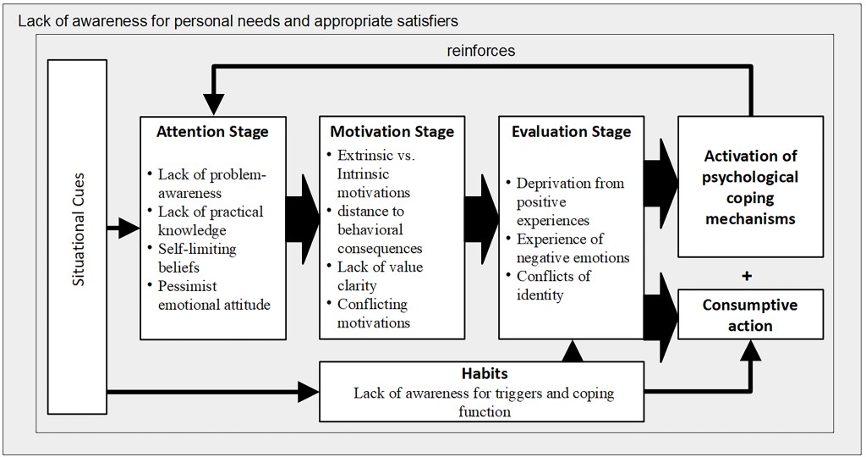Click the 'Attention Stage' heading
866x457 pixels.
tap(212, 132)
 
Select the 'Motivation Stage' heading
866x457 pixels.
tap(392, 132)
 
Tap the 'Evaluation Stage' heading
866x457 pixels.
tap(571, 132)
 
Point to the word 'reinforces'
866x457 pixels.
tap(480, 51)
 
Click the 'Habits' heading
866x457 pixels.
tap(484, 374)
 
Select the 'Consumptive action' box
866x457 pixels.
tap(749, 315)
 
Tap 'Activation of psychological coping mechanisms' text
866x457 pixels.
tap(749, 187)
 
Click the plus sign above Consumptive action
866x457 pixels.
tap(747, 276)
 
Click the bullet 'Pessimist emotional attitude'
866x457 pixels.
tap(213, 295)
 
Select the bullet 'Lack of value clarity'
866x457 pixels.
tap(379, 276)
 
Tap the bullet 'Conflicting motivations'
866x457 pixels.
tap(373, 313)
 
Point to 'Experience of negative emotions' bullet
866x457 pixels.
tap(573, 248)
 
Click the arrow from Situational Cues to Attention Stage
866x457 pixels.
tap(123, 227)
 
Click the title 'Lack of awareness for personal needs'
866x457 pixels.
tap(238, 19)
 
